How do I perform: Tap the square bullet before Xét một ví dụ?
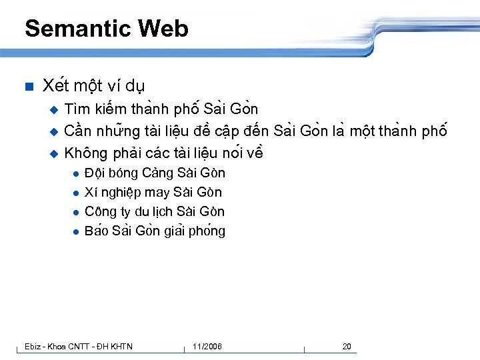coord(28,87)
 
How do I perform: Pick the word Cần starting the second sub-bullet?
coord(77,131)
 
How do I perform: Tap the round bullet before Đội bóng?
coord(77,174)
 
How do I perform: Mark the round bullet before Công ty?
coord(77,213)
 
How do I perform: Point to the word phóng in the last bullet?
coord(207,231)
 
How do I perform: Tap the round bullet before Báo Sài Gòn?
coord(77,232)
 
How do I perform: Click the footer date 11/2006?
coord(207,346)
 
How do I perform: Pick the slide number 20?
coord(347,346)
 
